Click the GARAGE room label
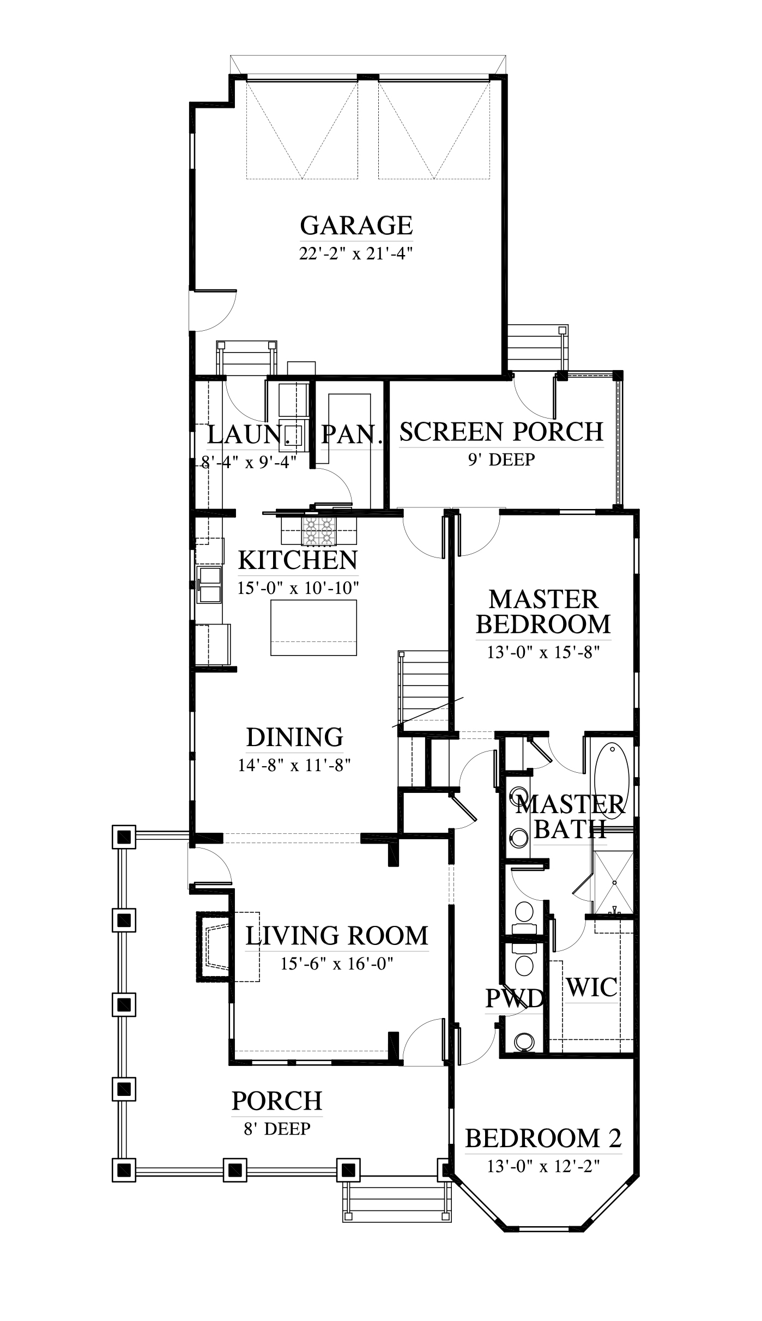click(x=356, y=225)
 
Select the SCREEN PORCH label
click(x=501, y=432)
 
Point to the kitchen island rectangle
click(x=314, y=628)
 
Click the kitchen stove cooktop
click(x=318, y=530)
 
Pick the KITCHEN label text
click(x=298, y=560)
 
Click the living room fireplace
click(x=214, y=946)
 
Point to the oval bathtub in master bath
click(x=612, y=777)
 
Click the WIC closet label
click(x=592, y=987)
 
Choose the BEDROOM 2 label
click(x=543, y=1138)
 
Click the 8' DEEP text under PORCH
click(x=277, y=1128)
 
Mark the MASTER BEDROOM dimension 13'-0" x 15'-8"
click(x=543, y=652)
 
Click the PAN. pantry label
click(x=351, y=435)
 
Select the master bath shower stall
click(x=614, y=882)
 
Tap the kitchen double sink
click(x=210, y=585)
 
